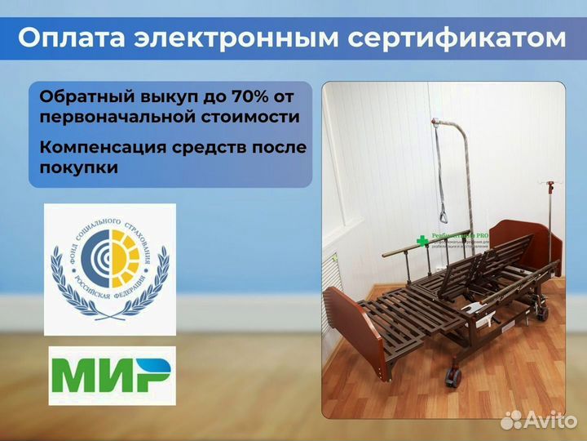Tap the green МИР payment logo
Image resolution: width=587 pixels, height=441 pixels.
[x=112, y=375]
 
